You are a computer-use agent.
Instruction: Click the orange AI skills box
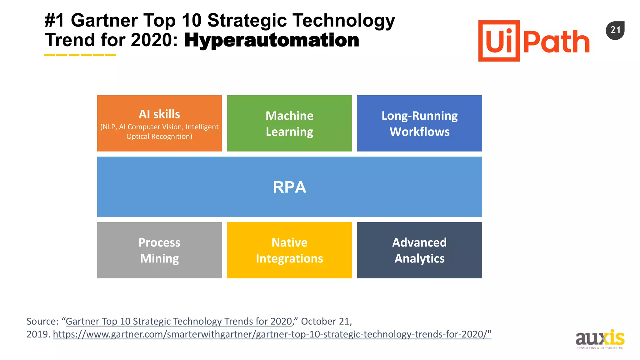tap(159, 123)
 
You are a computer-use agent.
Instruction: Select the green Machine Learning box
tap(289, 123)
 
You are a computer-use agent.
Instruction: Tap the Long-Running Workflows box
tap(419, 123)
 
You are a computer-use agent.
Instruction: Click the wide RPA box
tap(289, 187)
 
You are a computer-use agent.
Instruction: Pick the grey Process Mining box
tap(159, 250)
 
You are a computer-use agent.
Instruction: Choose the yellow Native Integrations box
tap(289, 250)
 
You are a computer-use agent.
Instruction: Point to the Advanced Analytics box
tap(419, 250)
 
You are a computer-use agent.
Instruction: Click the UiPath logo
tap(533, 41)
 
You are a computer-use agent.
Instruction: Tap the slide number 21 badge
tap(615, 30)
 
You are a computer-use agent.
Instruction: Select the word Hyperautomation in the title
tap(272, 41)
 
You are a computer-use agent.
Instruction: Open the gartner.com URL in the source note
tap(272, 334)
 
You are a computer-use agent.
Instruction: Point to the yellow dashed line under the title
tap(80, 55)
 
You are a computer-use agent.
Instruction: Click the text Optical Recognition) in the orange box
tap(159, 137)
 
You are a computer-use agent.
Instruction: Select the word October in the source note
tap(319, 321)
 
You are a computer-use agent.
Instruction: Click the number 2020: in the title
tap(154, 41)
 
